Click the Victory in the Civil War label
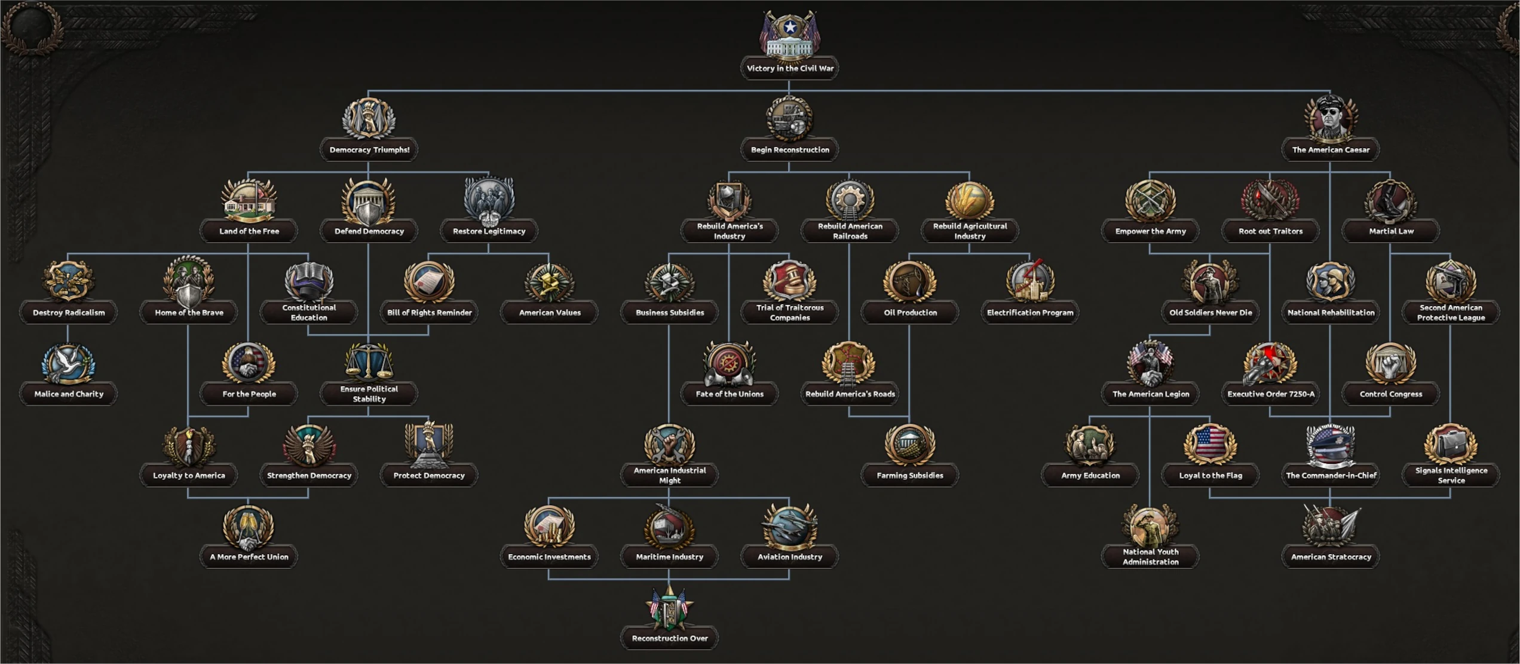coord(789,68)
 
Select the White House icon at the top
coord(789,36)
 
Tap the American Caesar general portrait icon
coord(1331,118)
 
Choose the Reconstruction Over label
coord(669,638)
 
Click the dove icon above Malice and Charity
coord(68,363)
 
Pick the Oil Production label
coord(909,313)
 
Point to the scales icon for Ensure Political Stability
coord(369,362)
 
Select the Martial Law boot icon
coord(1390,200)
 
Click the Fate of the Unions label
coord(729,394)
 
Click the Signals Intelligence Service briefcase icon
coord(1451,444)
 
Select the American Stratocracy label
coord(1331,557)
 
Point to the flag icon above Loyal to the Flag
coord(1210,444)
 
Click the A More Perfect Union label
coord(249,557)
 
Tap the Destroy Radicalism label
coord(68,313)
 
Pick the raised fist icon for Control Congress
coord(1390,363)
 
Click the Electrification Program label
coord(1029,313)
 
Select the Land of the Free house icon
coord(249,200)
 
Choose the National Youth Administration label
coord(1150,556)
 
